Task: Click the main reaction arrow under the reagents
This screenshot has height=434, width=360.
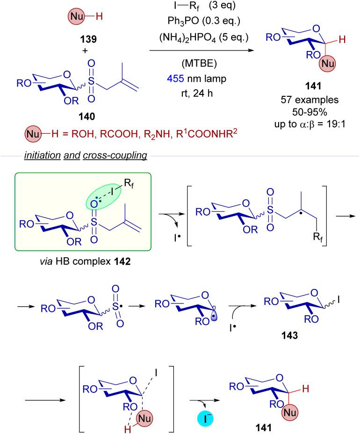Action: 206,49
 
